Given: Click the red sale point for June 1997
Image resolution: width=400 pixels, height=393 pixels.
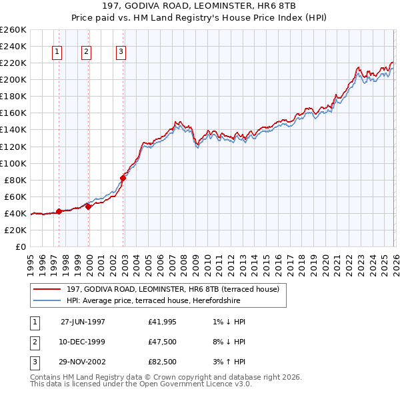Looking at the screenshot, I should click(x=59, y=211).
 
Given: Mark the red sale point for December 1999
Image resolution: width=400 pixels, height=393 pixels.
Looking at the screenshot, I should click(x=89, y=206).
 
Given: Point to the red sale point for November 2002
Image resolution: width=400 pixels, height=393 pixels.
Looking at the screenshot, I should click(x=123, y=177).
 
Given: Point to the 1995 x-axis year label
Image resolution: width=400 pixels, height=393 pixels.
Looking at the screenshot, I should click(x=30, y=260).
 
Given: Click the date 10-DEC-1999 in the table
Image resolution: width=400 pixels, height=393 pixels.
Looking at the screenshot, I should click(x=83, y=341).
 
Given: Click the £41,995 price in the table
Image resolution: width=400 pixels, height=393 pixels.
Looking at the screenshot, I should click(x=163, y=321).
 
